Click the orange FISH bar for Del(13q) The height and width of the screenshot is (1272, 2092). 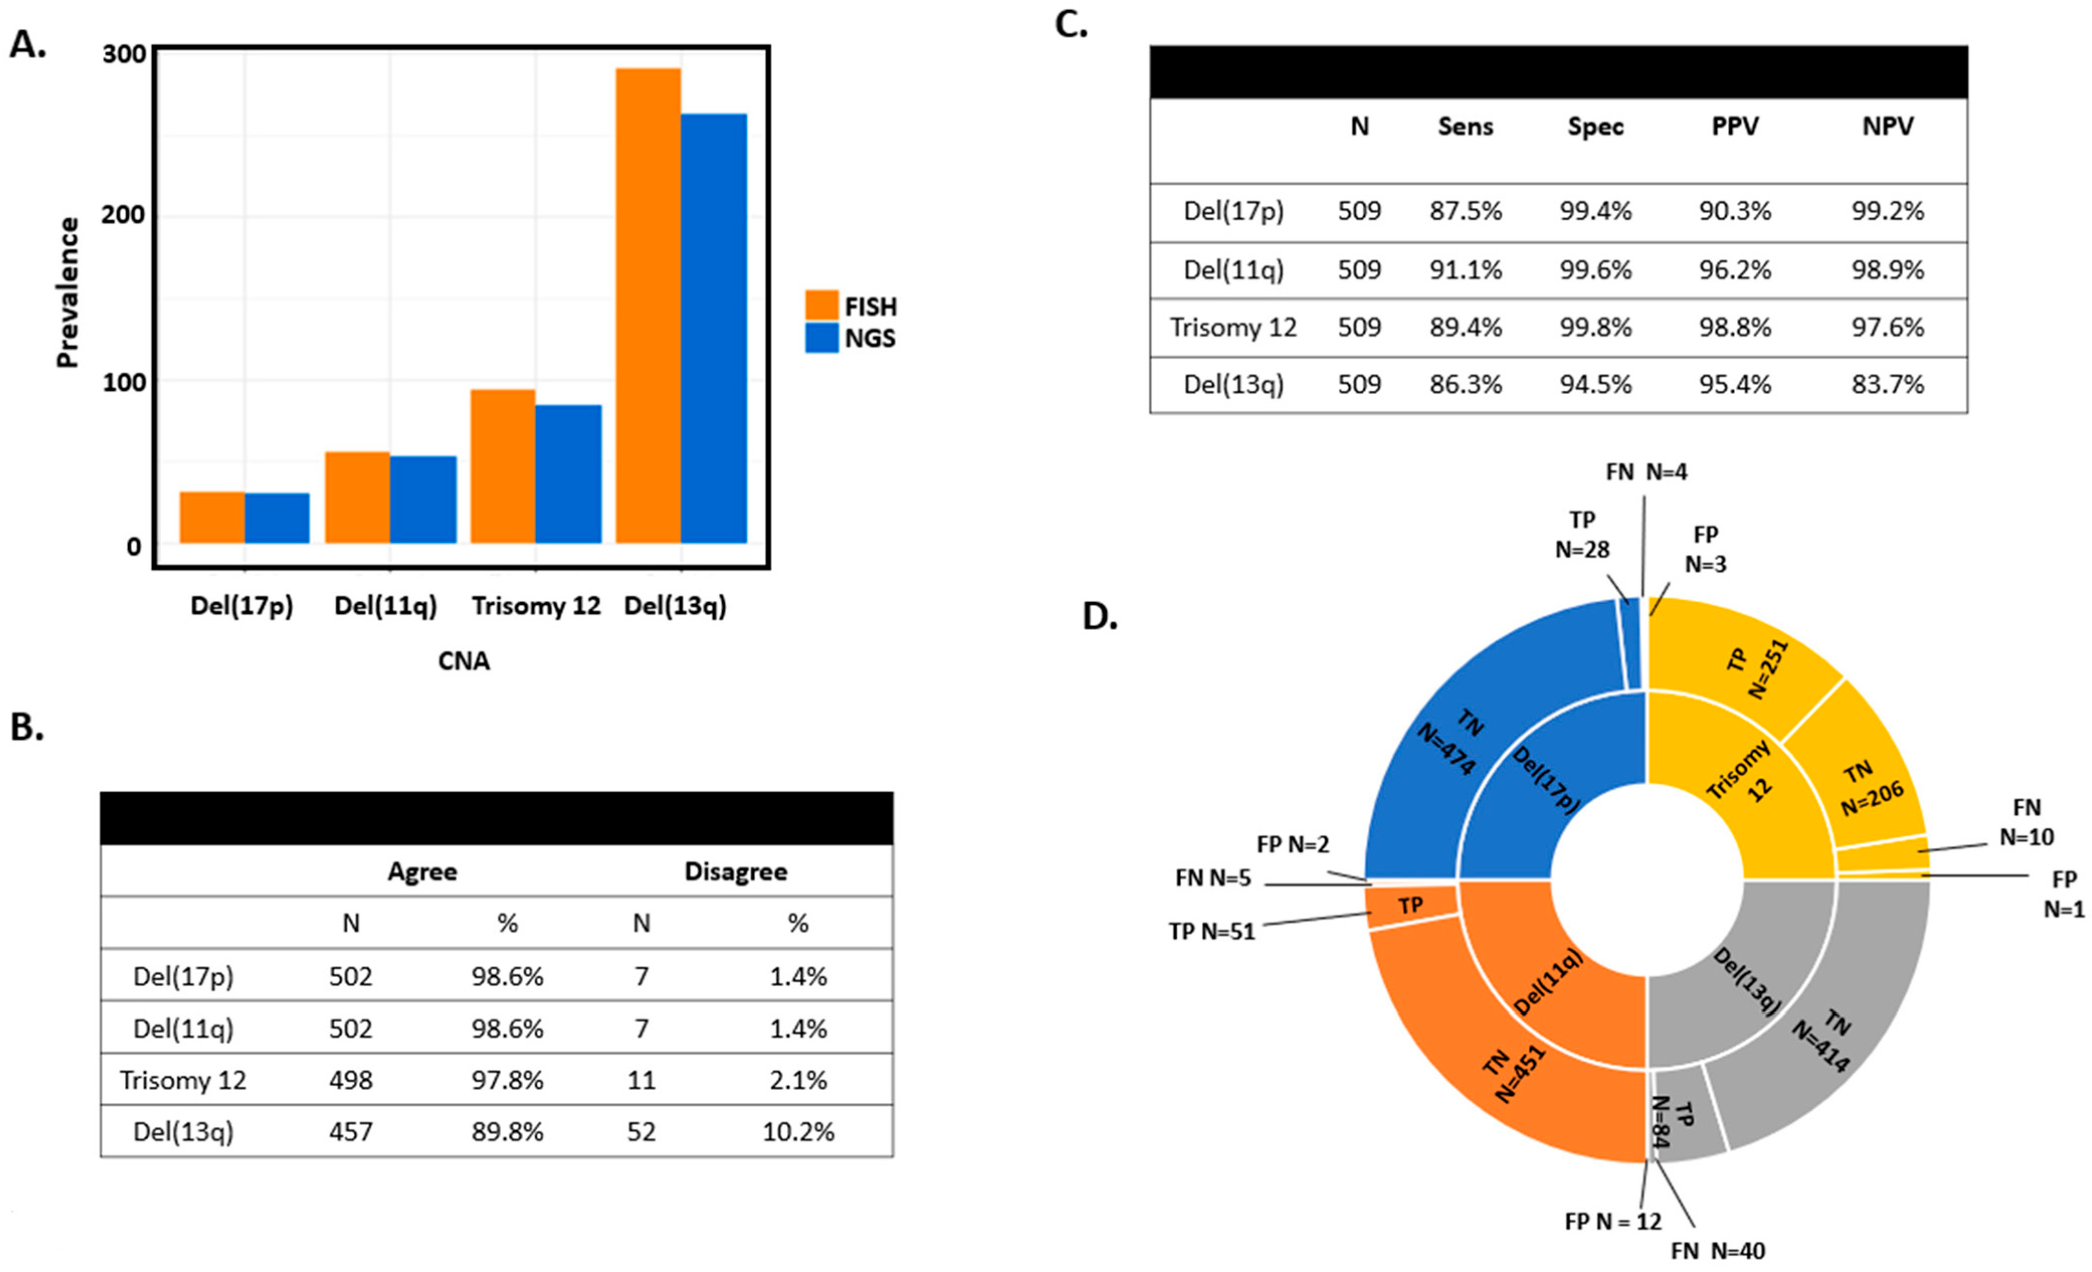[648, 306]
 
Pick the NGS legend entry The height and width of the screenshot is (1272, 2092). [851, 338]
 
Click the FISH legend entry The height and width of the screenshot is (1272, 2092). [851, 306]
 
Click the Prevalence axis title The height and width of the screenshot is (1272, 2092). [67, 293]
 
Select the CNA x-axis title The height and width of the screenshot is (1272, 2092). [464, 660]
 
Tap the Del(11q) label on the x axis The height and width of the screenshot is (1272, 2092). [385, 606]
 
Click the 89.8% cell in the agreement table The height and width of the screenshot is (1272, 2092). [507, 1132]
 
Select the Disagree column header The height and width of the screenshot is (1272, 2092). [735, 871]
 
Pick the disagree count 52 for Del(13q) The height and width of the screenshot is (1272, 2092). [641, 1132]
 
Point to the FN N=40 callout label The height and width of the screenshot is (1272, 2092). [1718, 1251]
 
